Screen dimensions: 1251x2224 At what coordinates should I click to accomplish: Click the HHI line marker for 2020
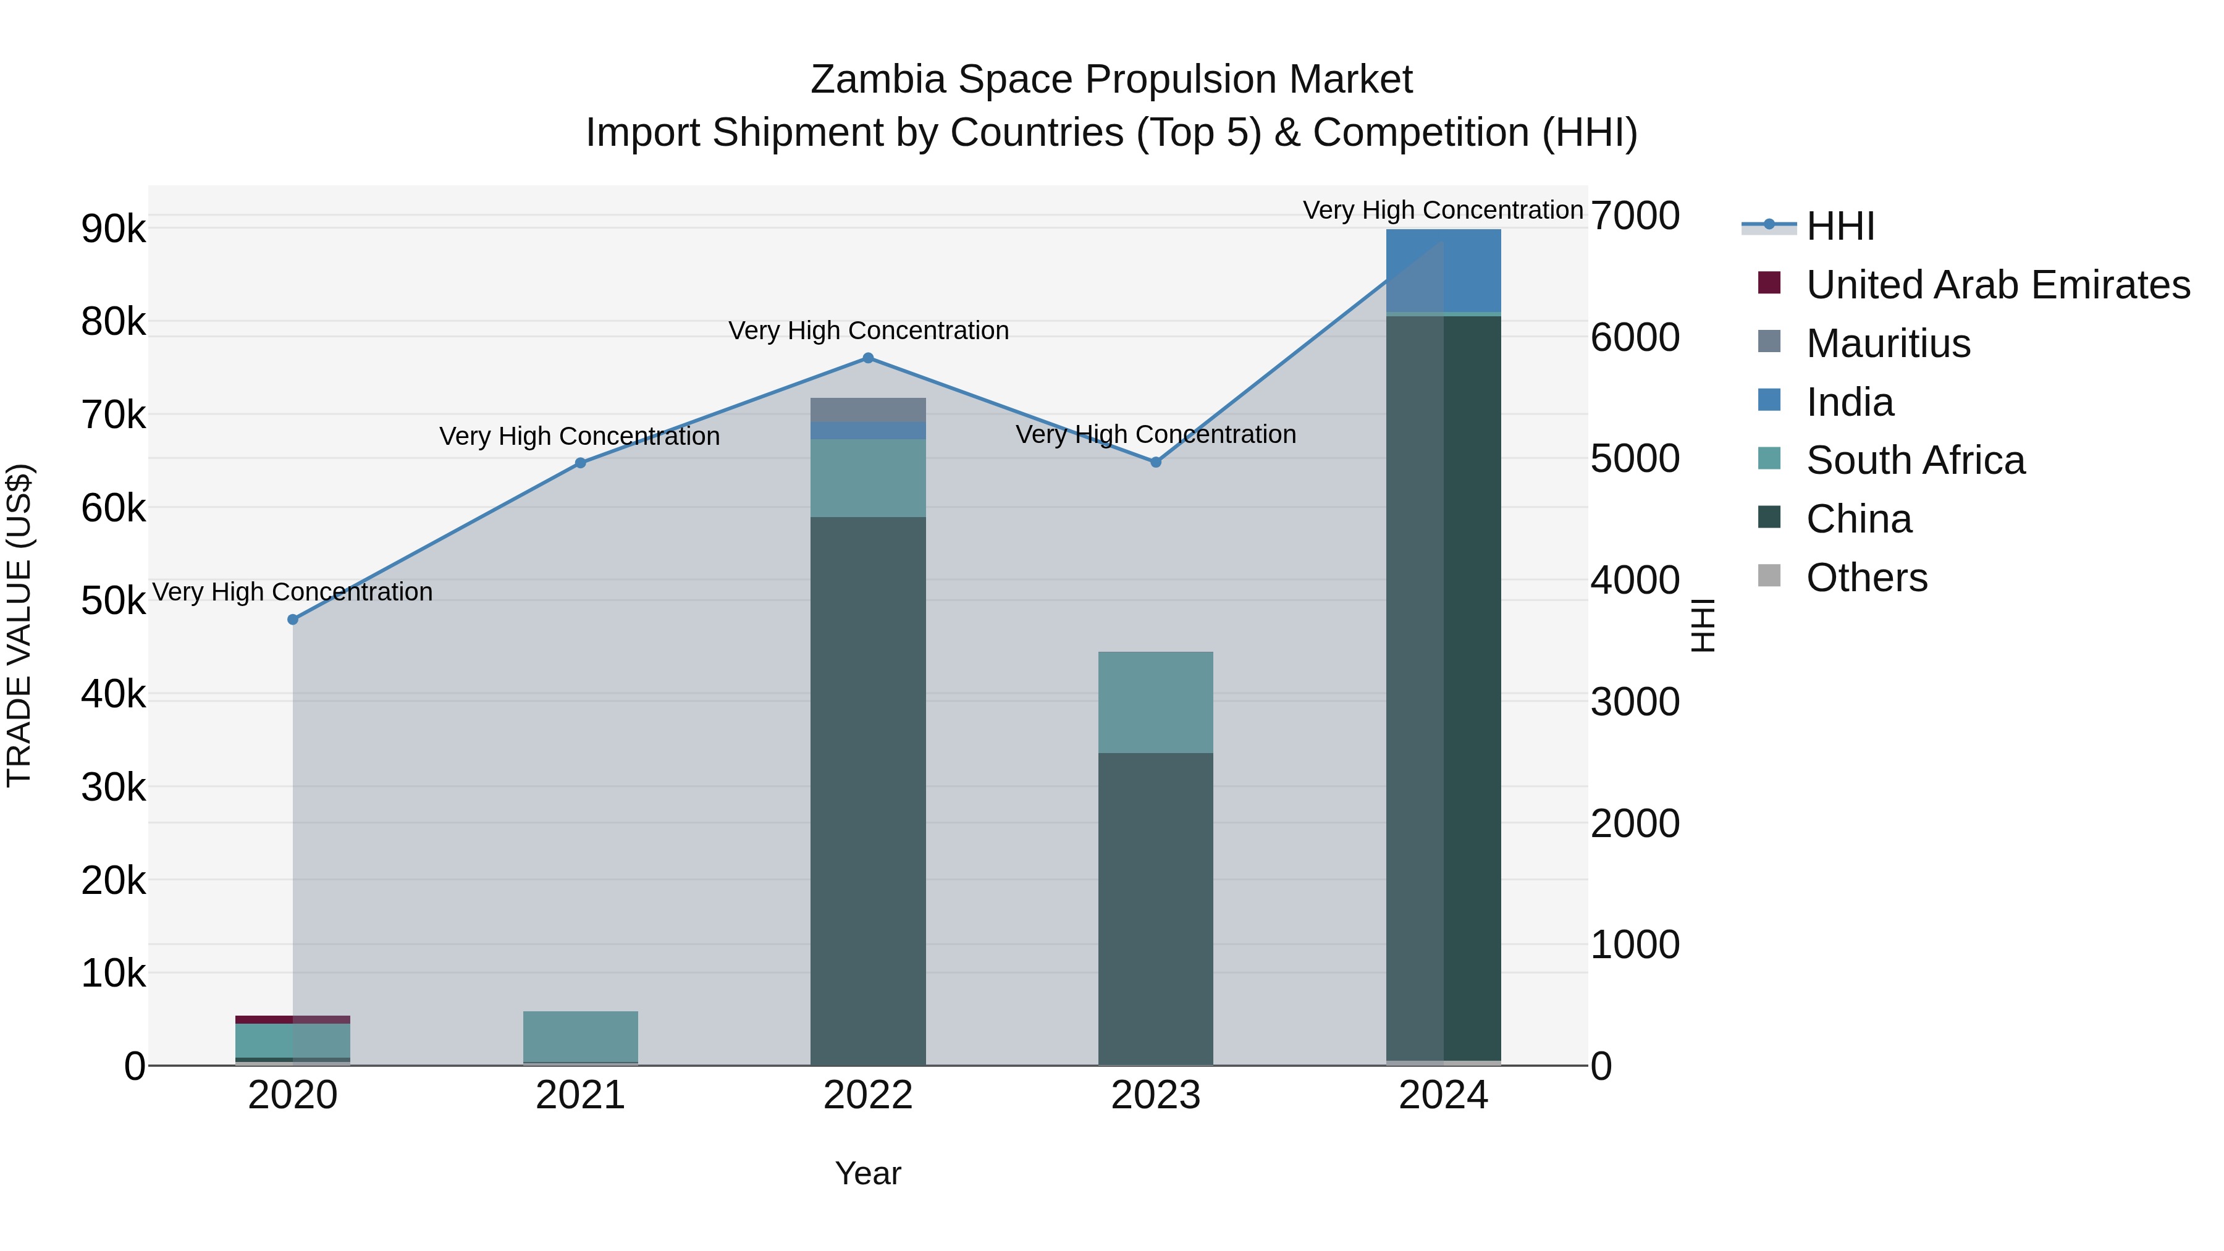293,620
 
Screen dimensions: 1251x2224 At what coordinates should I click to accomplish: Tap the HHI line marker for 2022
869,358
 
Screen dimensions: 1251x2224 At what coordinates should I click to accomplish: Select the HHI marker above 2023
1156,462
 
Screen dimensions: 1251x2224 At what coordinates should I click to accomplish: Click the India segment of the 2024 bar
1444,270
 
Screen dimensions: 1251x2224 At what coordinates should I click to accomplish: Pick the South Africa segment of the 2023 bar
1156,702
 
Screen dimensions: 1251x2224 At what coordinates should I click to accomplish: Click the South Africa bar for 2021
580,1036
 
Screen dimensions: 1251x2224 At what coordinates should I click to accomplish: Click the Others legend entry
1866,578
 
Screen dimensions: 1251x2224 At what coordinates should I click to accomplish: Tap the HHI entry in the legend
1840,226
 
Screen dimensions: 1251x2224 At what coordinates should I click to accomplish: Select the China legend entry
1858,519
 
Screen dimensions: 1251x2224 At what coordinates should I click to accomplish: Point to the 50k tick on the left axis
113,601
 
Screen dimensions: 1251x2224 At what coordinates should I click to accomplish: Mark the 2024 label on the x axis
1444,1095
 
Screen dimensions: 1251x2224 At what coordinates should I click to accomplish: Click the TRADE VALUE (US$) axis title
19,625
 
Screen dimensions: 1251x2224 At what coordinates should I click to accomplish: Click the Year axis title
868,1173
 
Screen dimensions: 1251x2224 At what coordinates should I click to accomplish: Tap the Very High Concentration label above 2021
579,436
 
